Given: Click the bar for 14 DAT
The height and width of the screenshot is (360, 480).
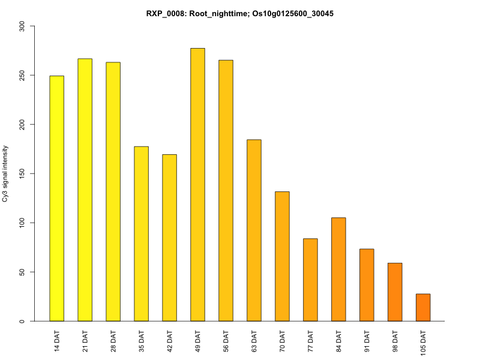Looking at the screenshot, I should (x=56, y=199).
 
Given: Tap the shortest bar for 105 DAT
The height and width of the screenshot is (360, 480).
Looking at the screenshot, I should (x=423, y=307).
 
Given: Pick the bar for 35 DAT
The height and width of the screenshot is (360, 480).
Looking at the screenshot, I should (x=141, y=234).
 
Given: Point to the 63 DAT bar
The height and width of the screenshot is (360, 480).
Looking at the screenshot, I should (x=254, y=230).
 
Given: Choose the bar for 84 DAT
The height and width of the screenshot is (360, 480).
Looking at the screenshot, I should (x=338, y=269).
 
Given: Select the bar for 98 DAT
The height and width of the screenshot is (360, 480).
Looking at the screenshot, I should (x=395, y=292).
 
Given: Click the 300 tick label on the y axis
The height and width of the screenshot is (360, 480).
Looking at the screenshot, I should (x=22, y=26).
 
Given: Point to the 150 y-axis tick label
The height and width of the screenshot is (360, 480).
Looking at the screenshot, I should (x=22, y=174).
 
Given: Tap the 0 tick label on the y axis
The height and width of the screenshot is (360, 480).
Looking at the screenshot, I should (x=22, y=321).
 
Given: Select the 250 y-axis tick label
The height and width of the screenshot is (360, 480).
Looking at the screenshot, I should (x=22, y=76).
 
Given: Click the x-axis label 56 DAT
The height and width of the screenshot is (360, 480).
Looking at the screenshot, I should (x=226, y=341).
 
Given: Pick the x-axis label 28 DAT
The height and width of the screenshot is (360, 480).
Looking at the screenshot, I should (x=113, y=341).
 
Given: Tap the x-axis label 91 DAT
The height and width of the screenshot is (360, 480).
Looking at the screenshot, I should (x=367, y=341).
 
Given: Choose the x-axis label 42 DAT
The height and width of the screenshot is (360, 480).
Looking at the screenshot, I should (x=170, y=341).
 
